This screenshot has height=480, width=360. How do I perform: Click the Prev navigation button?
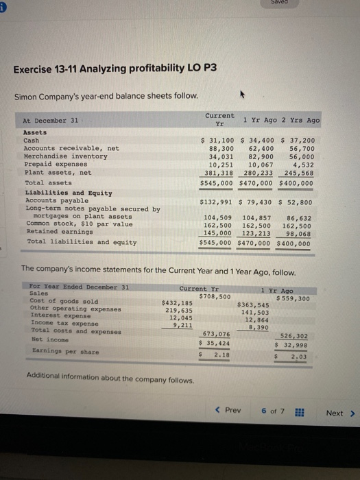tap(228, 411)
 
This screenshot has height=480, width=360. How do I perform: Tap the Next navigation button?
tap(339, 413)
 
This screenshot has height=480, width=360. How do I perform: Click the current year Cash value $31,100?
tap(213, 140)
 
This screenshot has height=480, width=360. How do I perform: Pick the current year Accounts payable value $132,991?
tap(213, 202)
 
